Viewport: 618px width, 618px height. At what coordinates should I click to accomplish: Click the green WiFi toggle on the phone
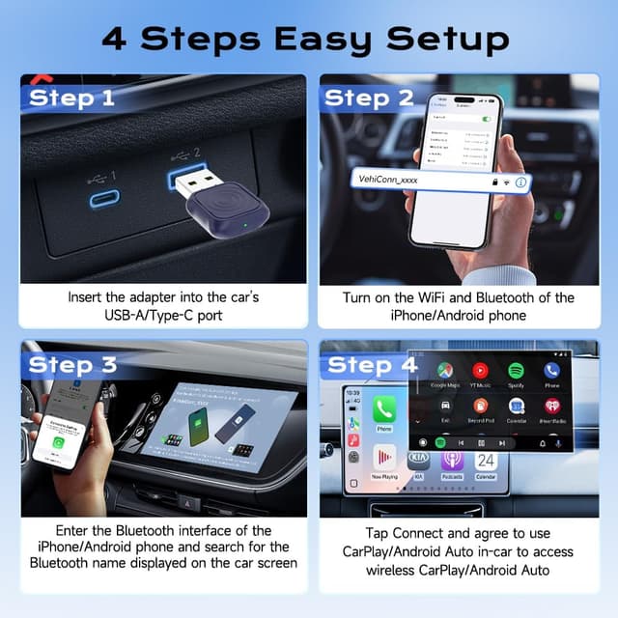pos(486,119)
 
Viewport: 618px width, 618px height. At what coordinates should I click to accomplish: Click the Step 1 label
pos(71,98)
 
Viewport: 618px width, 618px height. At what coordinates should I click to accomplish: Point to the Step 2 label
pos(369,98)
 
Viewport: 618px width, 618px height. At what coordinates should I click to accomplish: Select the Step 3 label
pos(72,364)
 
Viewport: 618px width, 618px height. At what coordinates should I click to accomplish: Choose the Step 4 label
pos(371,365)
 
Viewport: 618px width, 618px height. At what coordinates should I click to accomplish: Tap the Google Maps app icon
pos(444,371)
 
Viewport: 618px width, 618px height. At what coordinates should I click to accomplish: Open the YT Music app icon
pos(480,371)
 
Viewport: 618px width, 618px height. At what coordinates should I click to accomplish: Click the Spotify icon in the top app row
pos(516,371)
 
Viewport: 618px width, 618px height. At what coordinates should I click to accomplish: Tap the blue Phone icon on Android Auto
pos(551,371)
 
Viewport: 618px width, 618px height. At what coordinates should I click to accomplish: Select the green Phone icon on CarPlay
pos(384,409)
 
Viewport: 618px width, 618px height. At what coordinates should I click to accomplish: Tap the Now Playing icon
pos(384,458)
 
